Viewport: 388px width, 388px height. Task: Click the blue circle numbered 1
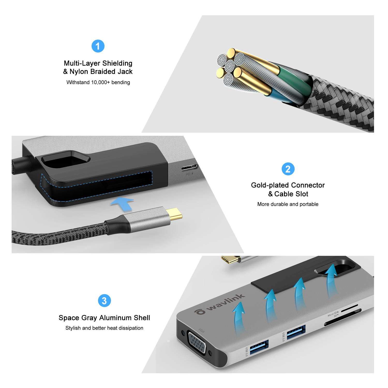[98, 46]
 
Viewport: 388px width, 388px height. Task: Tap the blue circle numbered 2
[288, 169]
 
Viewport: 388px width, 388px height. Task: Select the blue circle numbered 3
[104, 301]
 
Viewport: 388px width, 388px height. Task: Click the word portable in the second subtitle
[309, 204]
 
